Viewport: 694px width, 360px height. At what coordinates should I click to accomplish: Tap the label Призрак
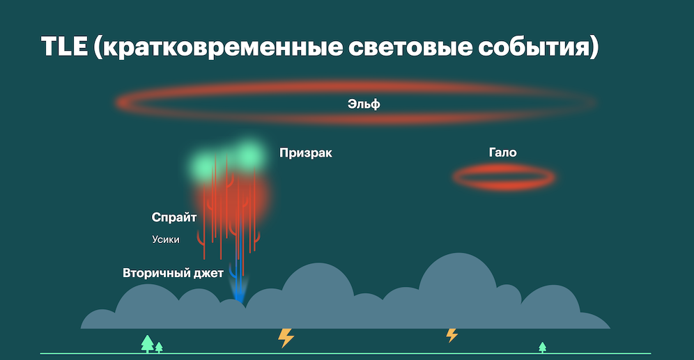(x=305, y=153)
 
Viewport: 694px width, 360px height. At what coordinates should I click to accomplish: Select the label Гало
(x=502, y=152)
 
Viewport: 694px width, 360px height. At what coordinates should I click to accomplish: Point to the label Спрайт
(x=174, y=217)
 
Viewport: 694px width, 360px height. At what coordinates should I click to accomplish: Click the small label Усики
(x=166, y=240)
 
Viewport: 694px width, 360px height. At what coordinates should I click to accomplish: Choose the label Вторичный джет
(x=173, y=273)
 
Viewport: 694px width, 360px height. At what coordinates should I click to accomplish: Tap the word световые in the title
(x=395, y=48)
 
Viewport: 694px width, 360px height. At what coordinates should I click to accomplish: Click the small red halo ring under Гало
(x=504, y=177)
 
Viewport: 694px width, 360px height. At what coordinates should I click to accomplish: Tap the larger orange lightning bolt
(x=286, y=337)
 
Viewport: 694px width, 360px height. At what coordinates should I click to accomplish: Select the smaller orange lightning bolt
(x=452, y=335)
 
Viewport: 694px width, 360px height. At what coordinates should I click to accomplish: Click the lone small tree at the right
(x=542, y=347)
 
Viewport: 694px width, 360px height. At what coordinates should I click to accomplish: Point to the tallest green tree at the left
(x=147, y=343)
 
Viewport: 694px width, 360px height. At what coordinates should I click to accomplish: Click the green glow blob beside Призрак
(x=248, y=153)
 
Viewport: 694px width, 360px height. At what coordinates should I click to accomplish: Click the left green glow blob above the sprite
(x=206, y=165)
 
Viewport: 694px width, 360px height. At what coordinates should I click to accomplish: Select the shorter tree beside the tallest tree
(x=159, y=347)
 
